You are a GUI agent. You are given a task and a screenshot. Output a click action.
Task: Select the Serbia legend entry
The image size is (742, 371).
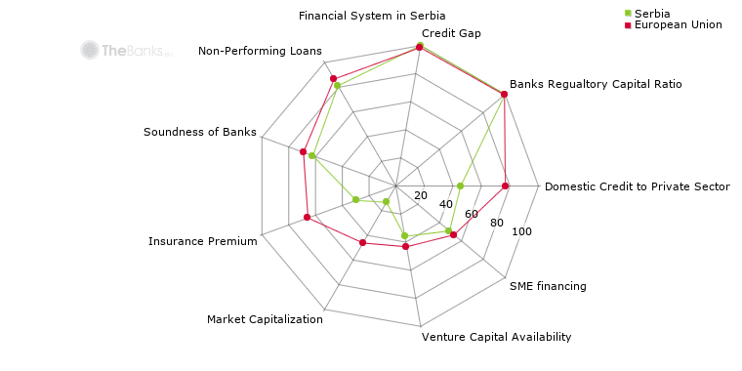coord(650,12)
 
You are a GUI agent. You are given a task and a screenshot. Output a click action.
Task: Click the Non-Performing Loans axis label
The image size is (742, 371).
coord(260,51)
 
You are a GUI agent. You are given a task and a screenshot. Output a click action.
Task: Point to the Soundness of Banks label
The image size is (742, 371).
coord(200,132)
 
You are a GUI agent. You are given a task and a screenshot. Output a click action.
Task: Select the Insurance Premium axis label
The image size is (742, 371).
coord(203,241)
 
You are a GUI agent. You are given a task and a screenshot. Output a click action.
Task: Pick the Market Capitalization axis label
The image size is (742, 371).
coord(265,319)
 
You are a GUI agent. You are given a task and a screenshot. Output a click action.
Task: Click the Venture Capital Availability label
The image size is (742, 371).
coord(496,337)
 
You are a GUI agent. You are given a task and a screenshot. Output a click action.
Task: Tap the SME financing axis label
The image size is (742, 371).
coord(548,286)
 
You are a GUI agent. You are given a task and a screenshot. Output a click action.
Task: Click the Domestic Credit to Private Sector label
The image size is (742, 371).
coord(637,186)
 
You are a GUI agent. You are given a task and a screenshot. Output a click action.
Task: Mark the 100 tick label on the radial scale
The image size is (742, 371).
coord(521,231)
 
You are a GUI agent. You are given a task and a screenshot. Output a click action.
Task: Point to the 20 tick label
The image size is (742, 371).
coord(421,195)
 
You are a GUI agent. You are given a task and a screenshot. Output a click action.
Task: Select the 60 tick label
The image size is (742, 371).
coord(471,214)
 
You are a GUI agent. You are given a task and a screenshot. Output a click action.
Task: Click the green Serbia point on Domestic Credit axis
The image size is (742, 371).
coord(460,185)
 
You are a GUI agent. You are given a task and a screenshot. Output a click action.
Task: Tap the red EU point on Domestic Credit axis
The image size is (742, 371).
coord(506,185)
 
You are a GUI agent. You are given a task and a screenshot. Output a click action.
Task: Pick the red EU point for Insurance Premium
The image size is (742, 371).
coord(307,217)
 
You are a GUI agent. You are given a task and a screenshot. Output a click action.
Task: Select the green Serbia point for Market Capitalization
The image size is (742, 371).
coord(387,202)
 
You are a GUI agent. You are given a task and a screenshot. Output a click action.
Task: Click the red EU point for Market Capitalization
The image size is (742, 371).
coord(362,242)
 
